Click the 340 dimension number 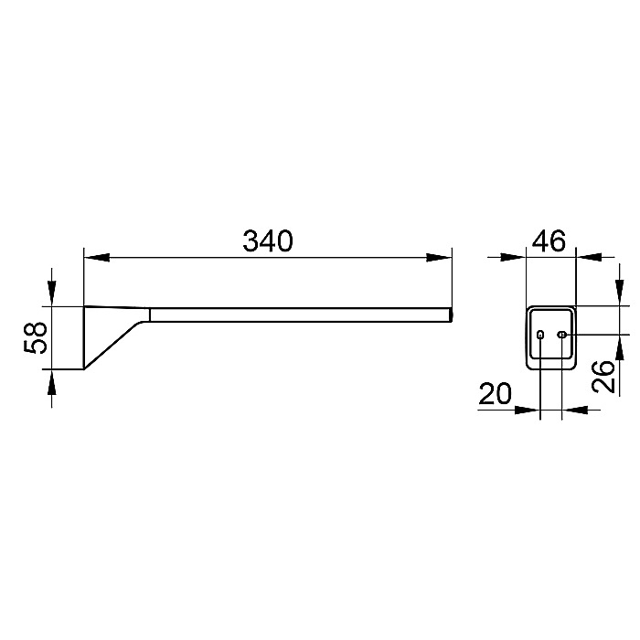point(268,240)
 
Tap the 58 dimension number point(36,337)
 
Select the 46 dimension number point(549,240)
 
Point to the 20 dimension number point(495,393)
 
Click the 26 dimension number point(603,377)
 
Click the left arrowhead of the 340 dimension point(96,258)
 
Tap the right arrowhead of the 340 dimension point(439,258)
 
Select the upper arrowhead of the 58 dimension point(51,293)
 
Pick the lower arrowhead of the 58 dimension point(51,382)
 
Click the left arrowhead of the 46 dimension point(514,257)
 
